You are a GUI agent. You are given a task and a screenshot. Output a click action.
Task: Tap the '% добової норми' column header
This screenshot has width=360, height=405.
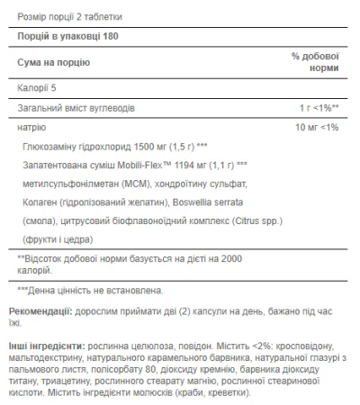pos(315,62)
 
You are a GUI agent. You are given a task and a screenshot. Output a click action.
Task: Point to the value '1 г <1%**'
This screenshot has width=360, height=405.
pos(316,107)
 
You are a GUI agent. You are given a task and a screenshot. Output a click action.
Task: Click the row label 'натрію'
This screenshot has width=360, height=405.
pos(31,128)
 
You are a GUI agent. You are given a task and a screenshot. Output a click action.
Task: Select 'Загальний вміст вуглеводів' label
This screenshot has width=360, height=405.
pos(84,107)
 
